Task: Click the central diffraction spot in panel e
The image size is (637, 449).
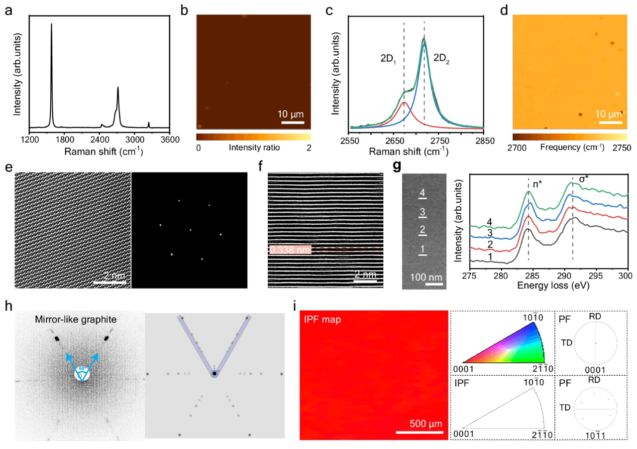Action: [x=190, y=230]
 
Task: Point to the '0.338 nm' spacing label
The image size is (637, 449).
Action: [x=289, y=249]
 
